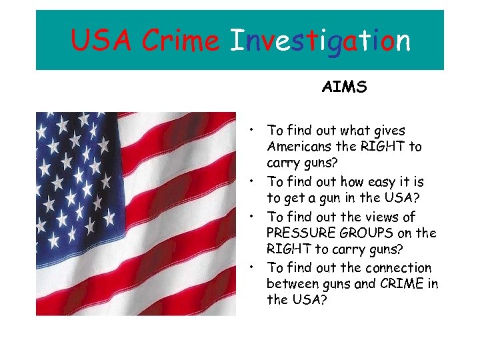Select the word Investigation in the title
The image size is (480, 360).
319,41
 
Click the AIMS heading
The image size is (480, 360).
344,87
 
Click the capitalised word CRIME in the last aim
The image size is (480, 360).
401,285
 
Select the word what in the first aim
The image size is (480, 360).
355,131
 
